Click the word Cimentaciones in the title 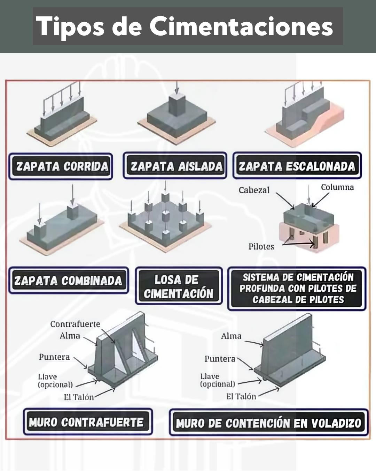pyautogui.click(x=241, y=27)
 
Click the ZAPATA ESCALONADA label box pyautogui.click(x=297, y=166)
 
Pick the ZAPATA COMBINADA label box pyautogui.click(x=68, y=281)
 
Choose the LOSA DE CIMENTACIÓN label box pyautogui.click(x=179, y=286)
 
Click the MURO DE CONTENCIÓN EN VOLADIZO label pyautogui.click(x=268, y=423)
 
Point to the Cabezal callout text pyautogui.click(x=254, y=190)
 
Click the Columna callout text pyautogui.click(x=337, y=187)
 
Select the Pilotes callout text pyautogui.click(x=261, y=247)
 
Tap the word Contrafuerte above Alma pyautogui.click(x=75, y=324)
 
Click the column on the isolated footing pyautogui.click(x=177, y=104)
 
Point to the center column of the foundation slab pyautogui.click(x=166, y=217)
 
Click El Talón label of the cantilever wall pyautogui.click(x=241, y=396)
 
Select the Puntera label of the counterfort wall pyautogui.click(x=54, y=357)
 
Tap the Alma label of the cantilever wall pyautogui.click(x=231, y=336)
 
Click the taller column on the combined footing pyautogui.click(x=73, y=212)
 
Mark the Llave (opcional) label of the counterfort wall pyautogui.click(x=55, y=381)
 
